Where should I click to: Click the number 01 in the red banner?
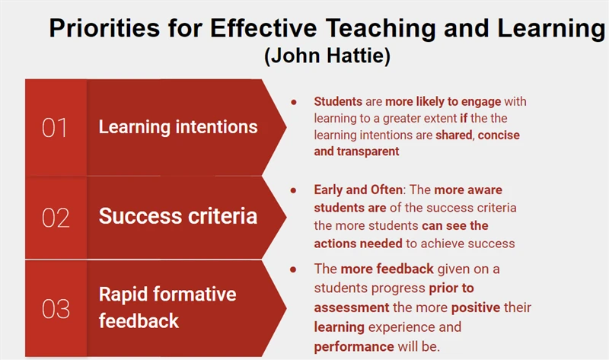[54, 128]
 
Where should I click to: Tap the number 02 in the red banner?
[56, 218]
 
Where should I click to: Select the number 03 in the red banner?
[56, 309]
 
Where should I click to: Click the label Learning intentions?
[178, 127]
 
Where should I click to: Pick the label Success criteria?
[178, 216]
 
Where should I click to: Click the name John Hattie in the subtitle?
[327, 55]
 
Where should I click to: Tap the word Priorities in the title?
[104, 28]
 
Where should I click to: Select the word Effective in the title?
[263, 28]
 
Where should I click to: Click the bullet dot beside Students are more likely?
[294, 102]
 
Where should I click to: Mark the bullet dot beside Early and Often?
[293, 190]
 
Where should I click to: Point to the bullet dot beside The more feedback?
[293, 269]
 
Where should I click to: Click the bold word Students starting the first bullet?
[338, 101]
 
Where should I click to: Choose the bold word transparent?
[368, 151]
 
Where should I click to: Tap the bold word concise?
[499, 135]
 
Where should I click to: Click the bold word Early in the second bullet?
[328, 190]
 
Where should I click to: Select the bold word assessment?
[352, 307]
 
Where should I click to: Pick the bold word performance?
[354, 346]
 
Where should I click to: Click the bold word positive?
[476, 307]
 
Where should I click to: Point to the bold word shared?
[454, 135]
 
